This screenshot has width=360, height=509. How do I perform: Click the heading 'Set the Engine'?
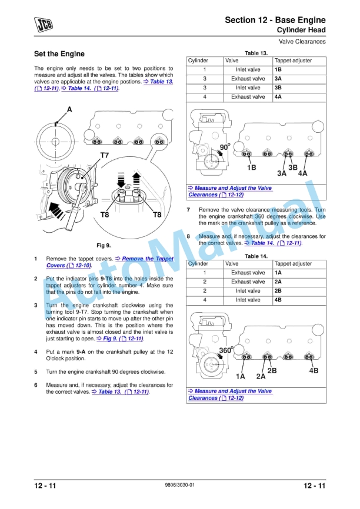(x=59, y=54)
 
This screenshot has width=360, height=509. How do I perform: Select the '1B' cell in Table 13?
(x=278, y=69)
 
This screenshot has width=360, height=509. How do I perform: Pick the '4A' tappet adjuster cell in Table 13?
(x=278, y=97)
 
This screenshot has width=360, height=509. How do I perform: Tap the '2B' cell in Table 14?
(x=278, y=291)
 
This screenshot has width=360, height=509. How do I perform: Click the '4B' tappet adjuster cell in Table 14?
(x=278, y=300)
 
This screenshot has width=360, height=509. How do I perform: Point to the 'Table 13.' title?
(x=256, y=53)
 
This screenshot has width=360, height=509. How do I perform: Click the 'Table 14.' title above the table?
(x=256, y=256)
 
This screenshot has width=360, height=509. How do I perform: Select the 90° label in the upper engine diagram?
(x=225, y=147)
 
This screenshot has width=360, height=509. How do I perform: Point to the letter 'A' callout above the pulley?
(x=69, y=109)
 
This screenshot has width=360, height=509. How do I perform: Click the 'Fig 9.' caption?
(x=104, y=245)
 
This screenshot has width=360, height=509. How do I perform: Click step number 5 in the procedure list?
(x=36, y=372)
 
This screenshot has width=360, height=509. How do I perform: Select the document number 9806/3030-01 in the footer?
(x=179, y=485)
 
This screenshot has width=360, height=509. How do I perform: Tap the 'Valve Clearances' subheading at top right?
(x=302, y=41)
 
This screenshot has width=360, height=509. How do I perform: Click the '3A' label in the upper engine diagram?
(x=282, y=173)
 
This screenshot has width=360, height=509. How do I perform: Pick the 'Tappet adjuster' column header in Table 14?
(x=293, y=264)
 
